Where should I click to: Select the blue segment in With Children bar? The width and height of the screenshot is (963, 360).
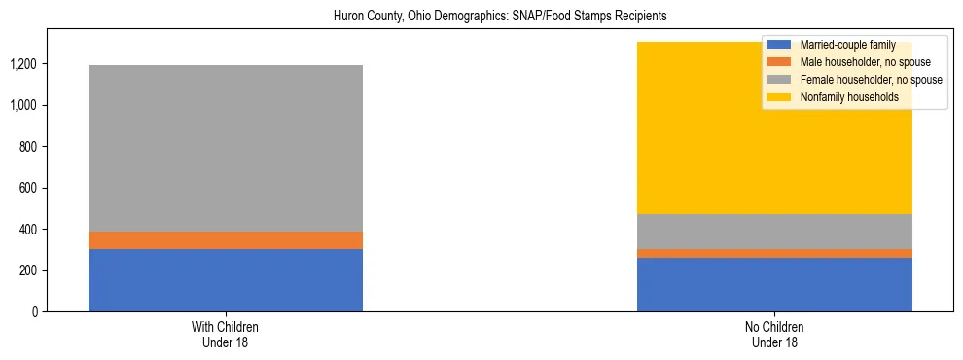pos(226,280)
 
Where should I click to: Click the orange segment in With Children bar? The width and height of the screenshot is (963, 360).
pos(226,240)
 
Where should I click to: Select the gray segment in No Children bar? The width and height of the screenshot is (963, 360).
pos(774,232)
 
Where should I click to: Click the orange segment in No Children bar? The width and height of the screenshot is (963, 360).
pos(774,253)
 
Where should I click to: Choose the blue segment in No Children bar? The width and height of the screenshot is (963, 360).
pos(774,284)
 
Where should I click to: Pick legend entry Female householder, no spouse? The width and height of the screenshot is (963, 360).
pos(865,80)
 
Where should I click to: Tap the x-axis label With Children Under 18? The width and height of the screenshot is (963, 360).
pos(226,334)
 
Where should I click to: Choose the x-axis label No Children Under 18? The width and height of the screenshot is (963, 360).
pos(774,334)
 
